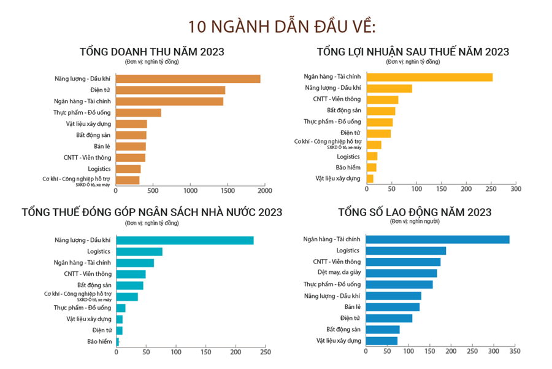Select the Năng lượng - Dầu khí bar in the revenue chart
pos(188,79)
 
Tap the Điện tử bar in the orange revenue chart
pos(171,90)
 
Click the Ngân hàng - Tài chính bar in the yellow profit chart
pos(429,77)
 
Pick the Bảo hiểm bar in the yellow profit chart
pos(372,167)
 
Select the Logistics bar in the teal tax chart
pos(139,251)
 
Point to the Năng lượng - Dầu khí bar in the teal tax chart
pos(185,240)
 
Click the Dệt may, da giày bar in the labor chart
pos(401,273)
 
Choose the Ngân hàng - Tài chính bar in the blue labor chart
pos(437,239)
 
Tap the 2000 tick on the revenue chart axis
pos(265,191)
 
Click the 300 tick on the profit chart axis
pos(515,189)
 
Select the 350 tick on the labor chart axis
pos(514,351)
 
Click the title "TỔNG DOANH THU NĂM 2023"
pos(152,52)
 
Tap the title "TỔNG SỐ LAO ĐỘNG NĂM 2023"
pos(415,212)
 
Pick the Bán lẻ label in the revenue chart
pos(102,146)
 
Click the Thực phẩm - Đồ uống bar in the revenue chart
pos(139,112)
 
